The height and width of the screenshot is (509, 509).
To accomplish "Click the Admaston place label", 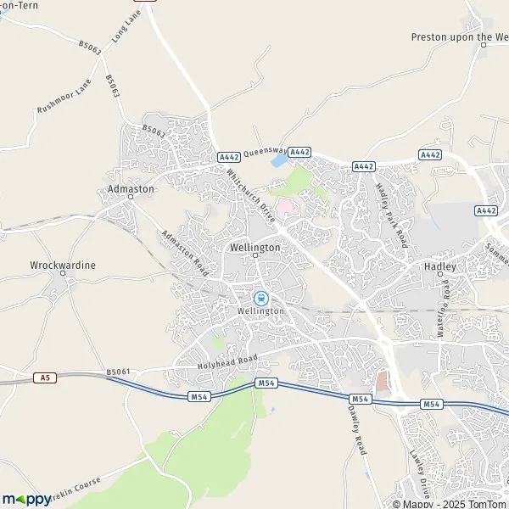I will click(x=131, y=189).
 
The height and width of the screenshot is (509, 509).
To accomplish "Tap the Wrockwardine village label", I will click(x=63, y=265).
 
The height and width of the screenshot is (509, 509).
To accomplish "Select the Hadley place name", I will click(x=439, y=266).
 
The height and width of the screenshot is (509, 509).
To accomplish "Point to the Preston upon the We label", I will click(x=459, y=36).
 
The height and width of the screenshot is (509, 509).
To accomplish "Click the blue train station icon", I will click(x=260, y=298).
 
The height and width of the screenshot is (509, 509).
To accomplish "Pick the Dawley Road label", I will click(x=356, y=430).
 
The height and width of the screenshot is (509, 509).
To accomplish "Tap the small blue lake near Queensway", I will click(x=278, y=159).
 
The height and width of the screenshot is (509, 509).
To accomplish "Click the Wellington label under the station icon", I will click(x=260, y=311).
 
